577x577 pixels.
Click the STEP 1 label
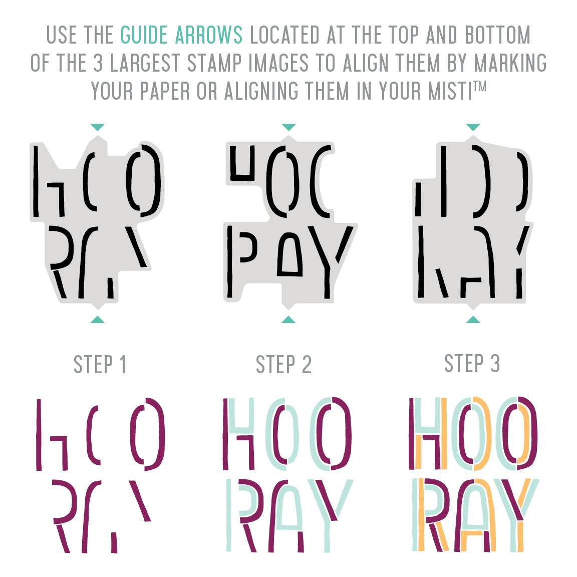click(100, 364)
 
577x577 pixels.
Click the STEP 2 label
click(283, 364)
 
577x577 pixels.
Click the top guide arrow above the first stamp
click(98, 127)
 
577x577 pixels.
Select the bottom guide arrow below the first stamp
click(98, 320)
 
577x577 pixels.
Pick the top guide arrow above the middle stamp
click(288, 127)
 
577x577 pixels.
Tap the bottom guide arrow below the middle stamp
click(288, 320)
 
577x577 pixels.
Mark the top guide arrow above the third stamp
click(473, 127)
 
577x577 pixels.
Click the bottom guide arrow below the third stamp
click(473, 320)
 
